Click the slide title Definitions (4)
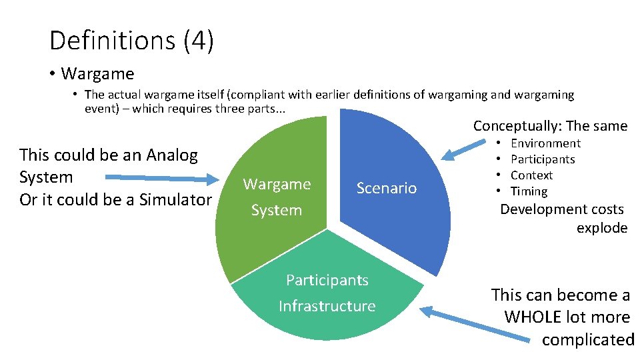(131, 41)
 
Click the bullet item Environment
(545, 143)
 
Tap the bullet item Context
(531, 175)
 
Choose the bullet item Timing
(529, 191)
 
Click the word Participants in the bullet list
(543, 159)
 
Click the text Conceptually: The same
(550, 126)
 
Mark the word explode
(602, 228)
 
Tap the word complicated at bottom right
(587, 339)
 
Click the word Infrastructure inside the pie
(327, 306)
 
